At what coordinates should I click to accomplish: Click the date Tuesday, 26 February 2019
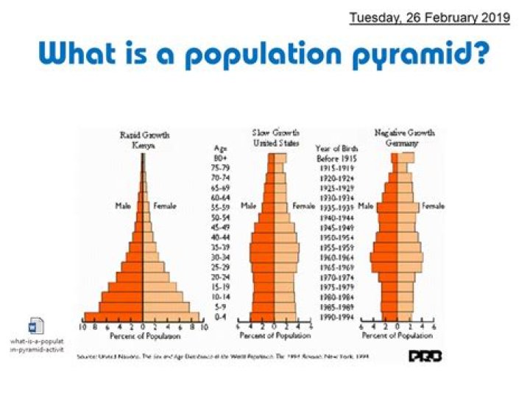429,17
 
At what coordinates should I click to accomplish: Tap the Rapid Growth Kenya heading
144,141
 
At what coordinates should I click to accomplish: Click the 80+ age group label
220,158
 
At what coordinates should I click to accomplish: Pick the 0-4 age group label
220,317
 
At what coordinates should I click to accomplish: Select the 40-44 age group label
220,238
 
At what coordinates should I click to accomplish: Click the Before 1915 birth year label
338,158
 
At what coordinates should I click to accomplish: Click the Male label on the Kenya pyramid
123,206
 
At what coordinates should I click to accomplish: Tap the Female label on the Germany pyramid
432,206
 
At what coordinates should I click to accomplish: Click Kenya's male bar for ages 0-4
113,317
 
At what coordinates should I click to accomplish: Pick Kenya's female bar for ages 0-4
171,317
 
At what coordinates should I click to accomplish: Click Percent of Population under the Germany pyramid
398,336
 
